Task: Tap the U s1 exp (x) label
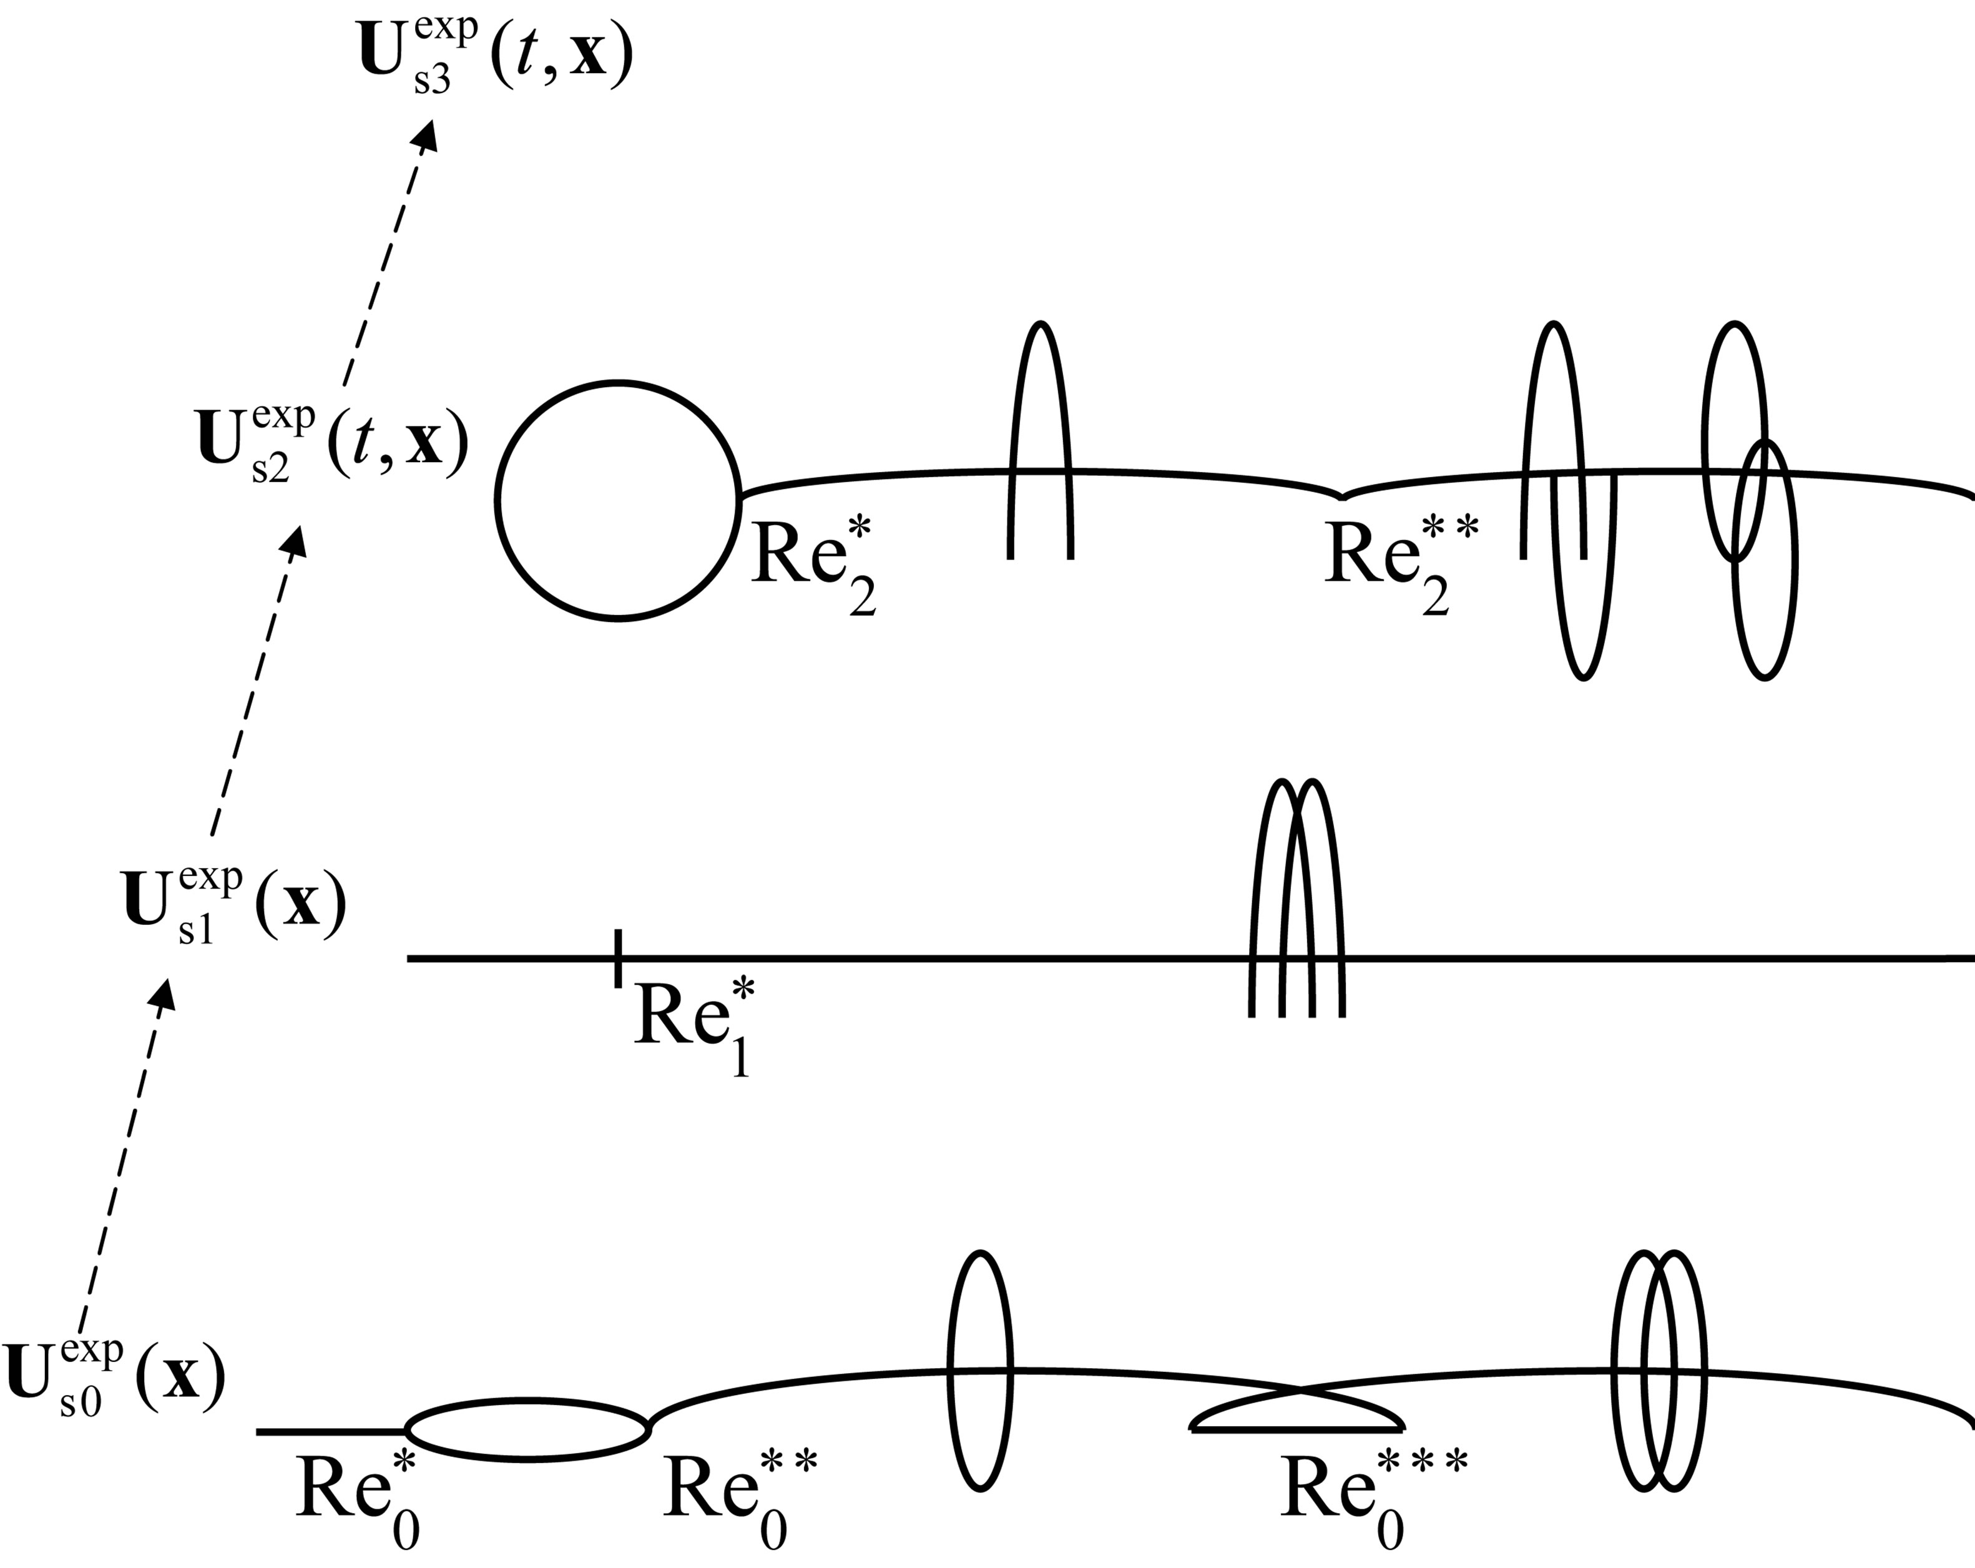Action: tap(233, 905)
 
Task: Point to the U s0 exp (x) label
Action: tap(114, 1379)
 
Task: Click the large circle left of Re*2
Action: tap(619, 500)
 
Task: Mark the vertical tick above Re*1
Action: tap(619, 959)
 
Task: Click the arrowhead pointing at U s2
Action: tap(296, 541)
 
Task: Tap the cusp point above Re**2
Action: tap(1342, 498)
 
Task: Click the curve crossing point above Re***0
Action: tap(1299, 1392)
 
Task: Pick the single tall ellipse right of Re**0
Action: tap(980, 1371)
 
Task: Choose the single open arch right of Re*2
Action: tap(1040, 440)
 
